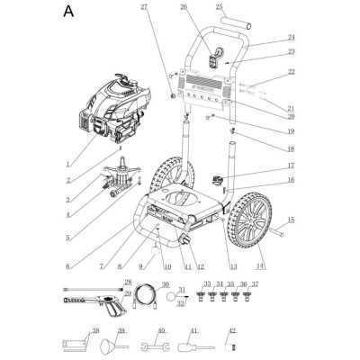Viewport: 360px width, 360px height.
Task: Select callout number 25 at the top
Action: pos(219,6)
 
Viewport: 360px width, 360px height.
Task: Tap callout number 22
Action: pos(291,71)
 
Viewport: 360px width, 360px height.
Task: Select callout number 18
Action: pos(291,148)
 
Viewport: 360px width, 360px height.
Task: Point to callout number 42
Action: pos(232,330)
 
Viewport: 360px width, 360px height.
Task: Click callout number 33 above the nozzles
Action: pos(207,283)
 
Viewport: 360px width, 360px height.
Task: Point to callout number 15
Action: pos(291,220)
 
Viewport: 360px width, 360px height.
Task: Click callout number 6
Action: pos(68,267)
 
